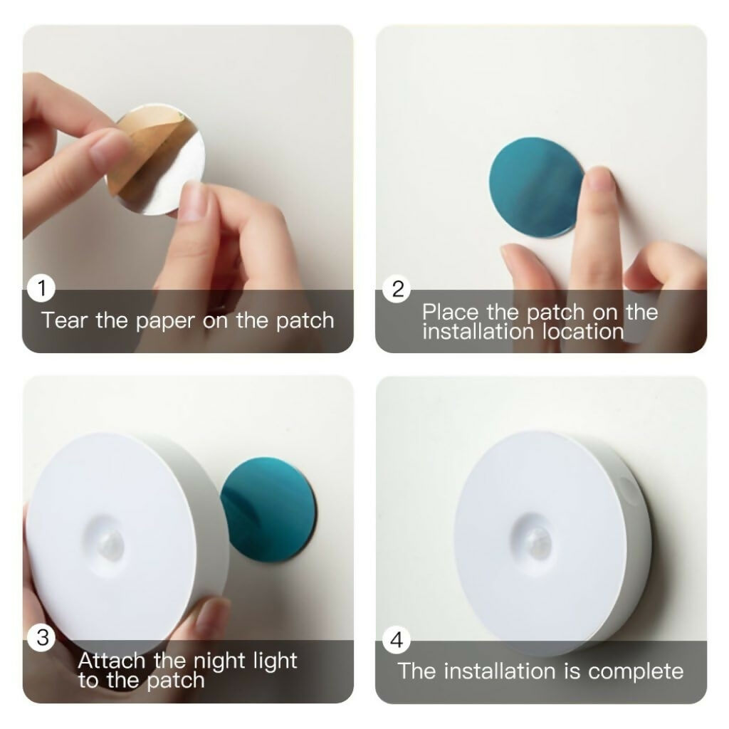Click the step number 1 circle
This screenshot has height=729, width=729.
point(42,288)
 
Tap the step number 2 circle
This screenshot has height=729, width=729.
point(397,289)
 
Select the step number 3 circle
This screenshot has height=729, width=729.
point(42,638)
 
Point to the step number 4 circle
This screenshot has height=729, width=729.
point(397,641)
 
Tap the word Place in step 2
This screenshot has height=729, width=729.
point(450,312)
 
